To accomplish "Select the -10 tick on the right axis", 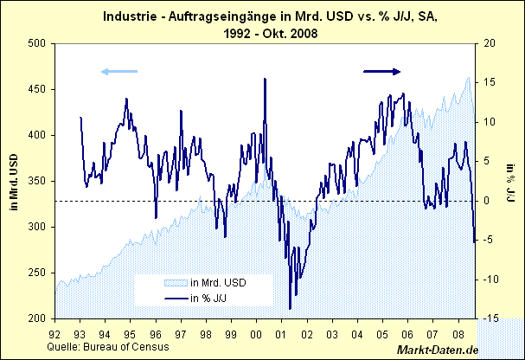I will tap(490, 280).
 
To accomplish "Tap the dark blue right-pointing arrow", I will tap(382, 71).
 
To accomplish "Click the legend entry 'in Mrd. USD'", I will tap(218, 283).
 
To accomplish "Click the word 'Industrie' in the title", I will tap(131, 16).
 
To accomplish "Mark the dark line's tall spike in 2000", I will tap(264, 79).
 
